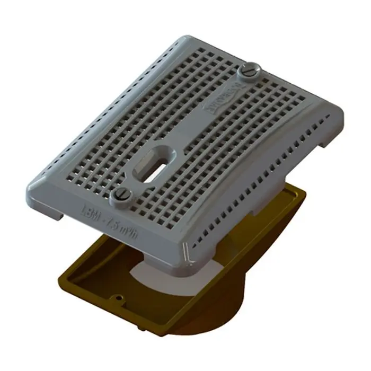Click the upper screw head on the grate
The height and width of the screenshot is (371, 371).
[x=250, y=70]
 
